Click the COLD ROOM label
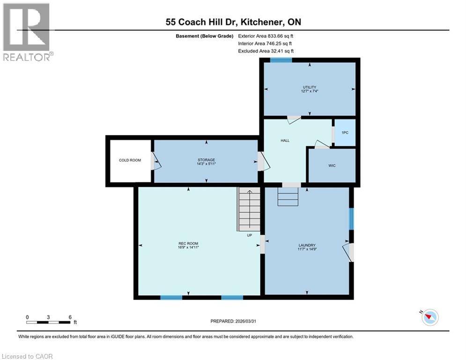(130, 160)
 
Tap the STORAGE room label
(206, 160)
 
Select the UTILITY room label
(309, 87)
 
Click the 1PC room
(345, 133)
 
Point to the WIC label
(332, 165)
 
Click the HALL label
(285, 140)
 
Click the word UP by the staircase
(250, 235)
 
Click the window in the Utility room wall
(281, 60)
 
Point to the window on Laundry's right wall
(351, 219)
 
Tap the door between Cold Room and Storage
(155, 161)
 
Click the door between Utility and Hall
(294, 119)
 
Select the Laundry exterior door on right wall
(349, 252)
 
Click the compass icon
(429, 317)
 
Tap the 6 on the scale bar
(70, 317)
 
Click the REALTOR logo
(27, 32)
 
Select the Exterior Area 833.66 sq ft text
(266, 36)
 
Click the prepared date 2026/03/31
(235, 321)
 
